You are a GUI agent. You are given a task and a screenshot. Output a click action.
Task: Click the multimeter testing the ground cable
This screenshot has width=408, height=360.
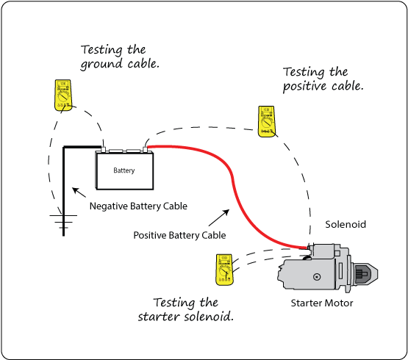pos(62,93)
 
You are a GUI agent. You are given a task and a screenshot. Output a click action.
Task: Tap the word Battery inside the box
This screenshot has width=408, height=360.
pos(124,171)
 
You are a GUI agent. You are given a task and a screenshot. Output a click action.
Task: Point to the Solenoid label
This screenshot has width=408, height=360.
pos(345,223)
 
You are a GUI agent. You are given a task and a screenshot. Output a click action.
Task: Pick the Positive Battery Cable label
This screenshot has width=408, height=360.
pos(179,236)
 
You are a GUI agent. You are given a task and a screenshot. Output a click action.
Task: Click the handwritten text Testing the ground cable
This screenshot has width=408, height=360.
pos(120,57)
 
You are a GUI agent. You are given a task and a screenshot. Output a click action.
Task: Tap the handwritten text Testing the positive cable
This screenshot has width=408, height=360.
pos(323,79)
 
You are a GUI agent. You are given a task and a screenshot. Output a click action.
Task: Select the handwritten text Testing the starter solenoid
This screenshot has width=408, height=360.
pos(185,309)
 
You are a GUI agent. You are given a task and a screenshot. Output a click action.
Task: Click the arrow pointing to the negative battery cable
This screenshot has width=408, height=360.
pos(78,193)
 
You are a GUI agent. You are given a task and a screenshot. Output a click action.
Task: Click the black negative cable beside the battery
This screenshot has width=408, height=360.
pos(65,184)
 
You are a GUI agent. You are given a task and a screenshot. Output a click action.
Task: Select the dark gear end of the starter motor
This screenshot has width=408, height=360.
pos(365,274)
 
